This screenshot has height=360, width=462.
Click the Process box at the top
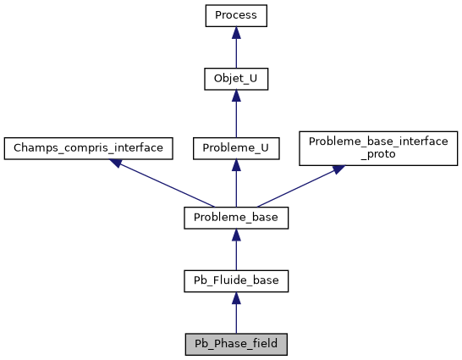pyautogui.click(x=236, y=15)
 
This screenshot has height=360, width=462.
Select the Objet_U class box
pyautogui.click(x=236, y=80)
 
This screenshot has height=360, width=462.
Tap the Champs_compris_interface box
pyautogui.click(x=89, y=147)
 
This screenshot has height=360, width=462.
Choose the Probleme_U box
pyautogui.click(x=236, y=147)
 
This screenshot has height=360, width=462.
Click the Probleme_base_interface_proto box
pyautogui.click(x=378, y=147)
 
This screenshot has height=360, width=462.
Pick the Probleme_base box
pyautogui.click(x=236, y=218)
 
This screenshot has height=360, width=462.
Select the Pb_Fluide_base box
pyautogui.click(x=236, y=280)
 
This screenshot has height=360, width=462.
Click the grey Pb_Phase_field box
pyautogui.click(x=236, y=345)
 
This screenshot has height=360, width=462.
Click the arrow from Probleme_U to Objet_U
pyautogui.click(x=236, y=114)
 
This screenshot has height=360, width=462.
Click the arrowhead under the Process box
pyautogui.click(x=236, y=32)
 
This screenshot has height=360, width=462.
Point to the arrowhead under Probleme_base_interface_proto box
pyautogui.click(x=337, y=169)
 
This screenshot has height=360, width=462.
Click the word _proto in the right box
pyautogui.click(x=378, y=155)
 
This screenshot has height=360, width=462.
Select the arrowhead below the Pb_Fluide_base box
pyautogui.click(x=236, y=298)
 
